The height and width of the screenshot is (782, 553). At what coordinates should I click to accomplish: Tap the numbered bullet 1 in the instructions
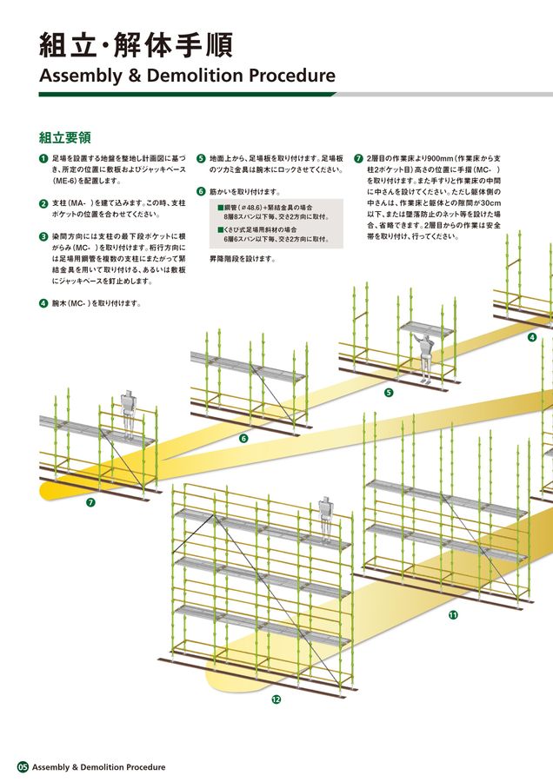click(x=43, y=159)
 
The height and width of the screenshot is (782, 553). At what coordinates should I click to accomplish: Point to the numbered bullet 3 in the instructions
click(x=43, y=236)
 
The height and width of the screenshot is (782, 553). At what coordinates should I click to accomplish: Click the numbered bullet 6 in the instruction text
click(x=201, y=191)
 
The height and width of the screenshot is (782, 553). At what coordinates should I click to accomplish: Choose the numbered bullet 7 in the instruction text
click(x=358, y=159)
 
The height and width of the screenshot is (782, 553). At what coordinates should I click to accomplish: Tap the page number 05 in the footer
click(x=23, y=767)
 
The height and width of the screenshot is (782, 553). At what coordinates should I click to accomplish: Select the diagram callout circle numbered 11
click(x=453, y=615)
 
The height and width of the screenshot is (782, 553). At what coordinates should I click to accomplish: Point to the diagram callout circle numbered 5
click(x=388, y=392)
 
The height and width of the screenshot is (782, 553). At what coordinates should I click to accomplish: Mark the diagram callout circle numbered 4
click(x=532, y=337)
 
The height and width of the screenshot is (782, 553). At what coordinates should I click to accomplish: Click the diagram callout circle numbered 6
click(x=243, y=438)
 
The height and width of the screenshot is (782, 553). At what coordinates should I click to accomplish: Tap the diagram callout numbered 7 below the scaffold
click(x=90, y=503)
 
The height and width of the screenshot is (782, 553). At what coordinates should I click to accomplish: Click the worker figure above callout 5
click(x=425, y=355)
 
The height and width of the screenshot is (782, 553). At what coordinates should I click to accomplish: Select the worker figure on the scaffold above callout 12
click(x=325, y=518)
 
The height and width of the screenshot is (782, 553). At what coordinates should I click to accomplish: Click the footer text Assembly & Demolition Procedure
click(x=98, y=767)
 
